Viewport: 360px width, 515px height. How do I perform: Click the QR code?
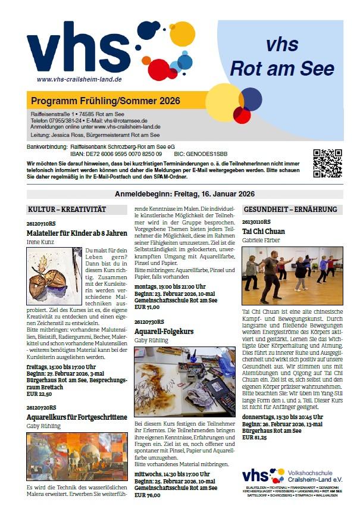pyautogui.click(x=327, y=163)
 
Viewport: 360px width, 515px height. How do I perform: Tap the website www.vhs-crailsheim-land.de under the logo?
pyautogui.click(x=79, y=79)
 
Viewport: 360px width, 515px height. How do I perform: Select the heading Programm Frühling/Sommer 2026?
pyautogui.click(x=105, y=101)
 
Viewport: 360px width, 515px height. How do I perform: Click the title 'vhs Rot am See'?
pyautogui.click(x=283, y=58)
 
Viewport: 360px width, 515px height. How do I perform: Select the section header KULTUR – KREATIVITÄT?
pyautogui.click(x=67, y=210)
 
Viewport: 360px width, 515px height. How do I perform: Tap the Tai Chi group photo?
pyautogui.click(x=292, y=276)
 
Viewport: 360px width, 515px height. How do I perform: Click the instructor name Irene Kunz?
pyautogui.click(x=40, y=242)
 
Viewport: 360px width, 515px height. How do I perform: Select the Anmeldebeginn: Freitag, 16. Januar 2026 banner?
pyautogui.click(x=184, y=193)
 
